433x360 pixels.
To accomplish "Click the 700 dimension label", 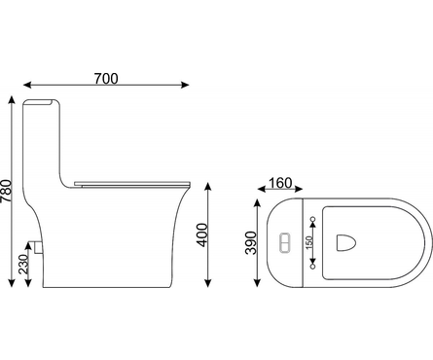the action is [106, 79].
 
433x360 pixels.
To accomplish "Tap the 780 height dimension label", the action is [6, 191].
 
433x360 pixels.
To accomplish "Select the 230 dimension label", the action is [23, 265].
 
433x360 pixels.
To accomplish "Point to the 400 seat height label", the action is [202, 234].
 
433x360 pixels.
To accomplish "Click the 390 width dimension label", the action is [251, 242].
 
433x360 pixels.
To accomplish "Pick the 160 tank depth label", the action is [280, 183].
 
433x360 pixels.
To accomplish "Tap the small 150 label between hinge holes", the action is [308, 242].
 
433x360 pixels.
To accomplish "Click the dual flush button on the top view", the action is [285, 242].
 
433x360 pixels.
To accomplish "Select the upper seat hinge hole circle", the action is [313, 219].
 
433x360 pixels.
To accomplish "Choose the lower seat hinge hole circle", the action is [313, 267].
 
